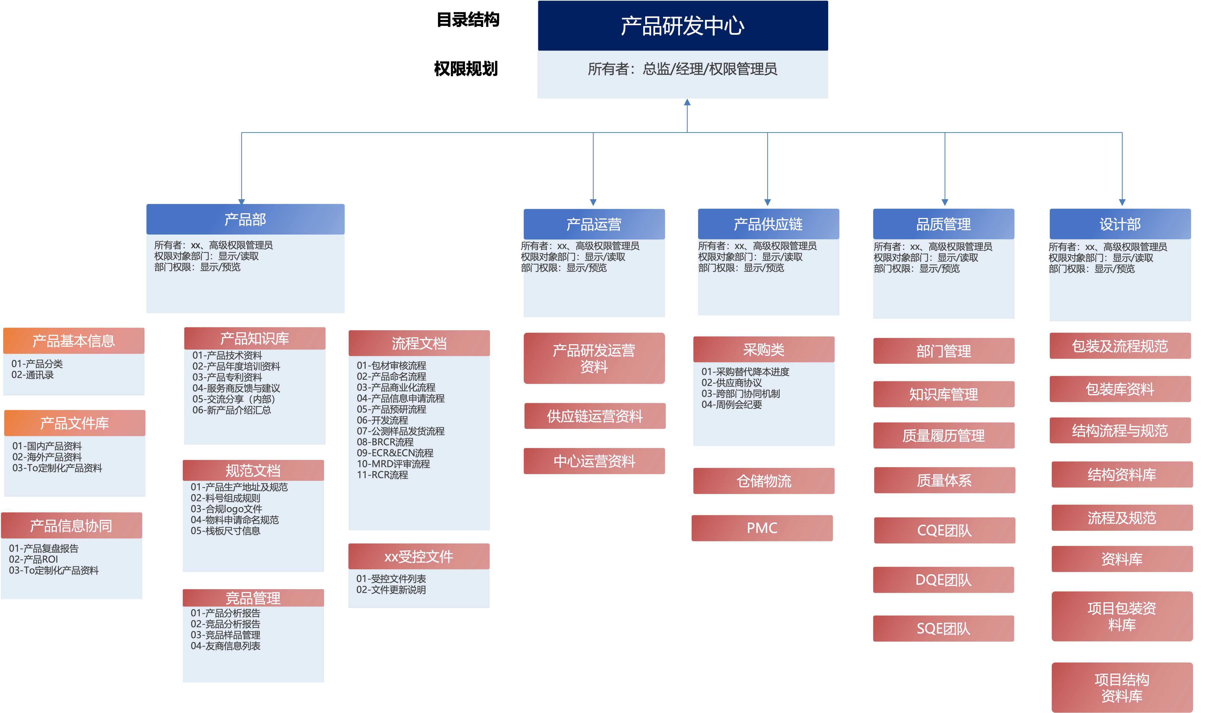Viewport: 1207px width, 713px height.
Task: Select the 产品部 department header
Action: coord(245,220)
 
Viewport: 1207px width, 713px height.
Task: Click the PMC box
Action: coord(762,528)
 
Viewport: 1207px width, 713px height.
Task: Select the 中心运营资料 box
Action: coord(594,461)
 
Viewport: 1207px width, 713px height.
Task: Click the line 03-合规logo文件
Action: coord(226,509)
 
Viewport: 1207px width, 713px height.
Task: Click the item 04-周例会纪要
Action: coord(732,405)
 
